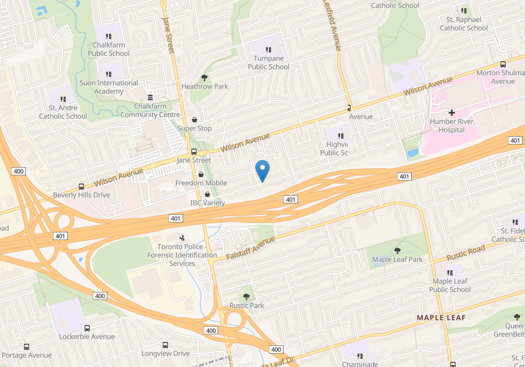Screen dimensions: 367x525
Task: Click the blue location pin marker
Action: pos(262,170)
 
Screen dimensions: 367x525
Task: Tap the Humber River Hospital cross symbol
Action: pos(452,112)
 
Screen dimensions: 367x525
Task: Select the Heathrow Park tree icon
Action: pos(204,77)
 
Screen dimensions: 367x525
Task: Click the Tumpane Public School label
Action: pos(268,62)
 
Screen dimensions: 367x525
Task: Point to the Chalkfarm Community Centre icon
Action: pos(150,97)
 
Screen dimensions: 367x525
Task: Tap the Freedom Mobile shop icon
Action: pos(201,174)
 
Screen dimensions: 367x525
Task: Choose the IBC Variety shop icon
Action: pos(207,193)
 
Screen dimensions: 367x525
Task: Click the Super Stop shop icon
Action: pos(194,119)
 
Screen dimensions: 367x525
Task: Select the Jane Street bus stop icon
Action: pos(194,151)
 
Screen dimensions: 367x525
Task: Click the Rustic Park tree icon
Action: pos(247,296)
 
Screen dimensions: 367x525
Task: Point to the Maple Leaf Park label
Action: pos(398,259)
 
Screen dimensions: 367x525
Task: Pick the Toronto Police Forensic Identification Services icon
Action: pos(182,238)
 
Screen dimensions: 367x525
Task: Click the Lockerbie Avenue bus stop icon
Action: pos(87,328)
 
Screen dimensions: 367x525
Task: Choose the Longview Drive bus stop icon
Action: pos(165,345)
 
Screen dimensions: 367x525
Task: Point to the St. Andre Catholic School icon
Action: pos(63,99)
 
